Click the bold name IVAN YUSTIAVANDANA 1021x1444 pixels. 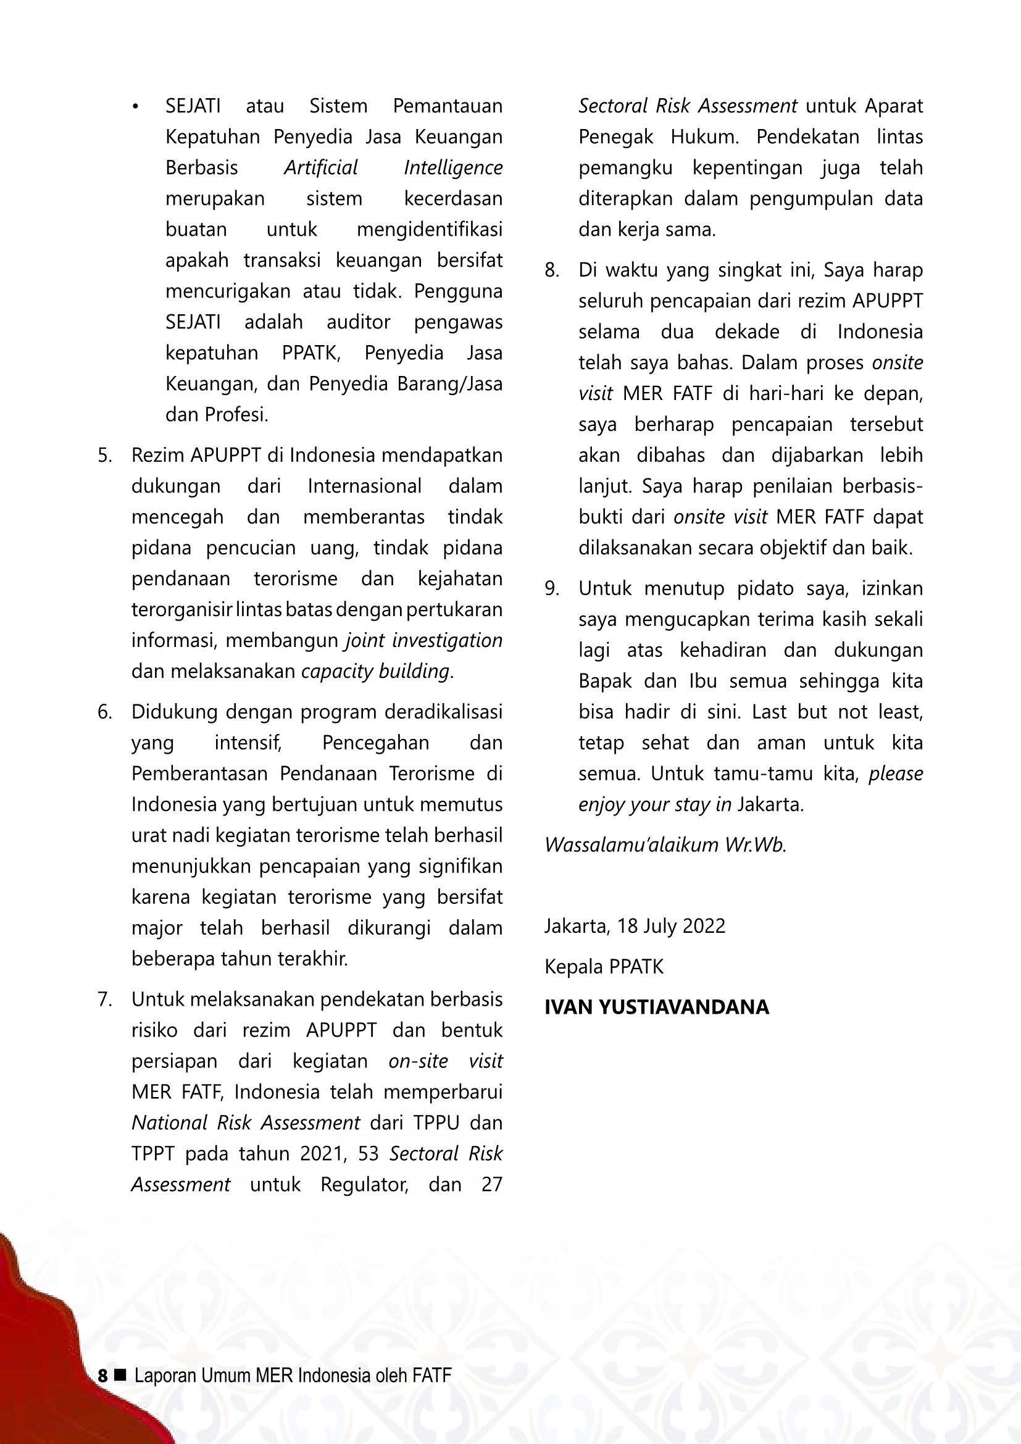656,1008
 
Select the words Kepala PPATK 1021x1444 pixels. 604,967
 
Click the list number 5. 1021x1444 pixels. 104,456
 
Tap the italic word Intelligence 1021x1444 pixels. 452,168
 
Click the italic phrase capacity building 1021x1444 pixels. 375,671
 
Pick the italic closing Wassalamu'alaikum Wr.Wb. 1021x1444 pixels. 665,845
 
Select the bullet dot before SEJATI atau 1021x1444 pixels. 135,107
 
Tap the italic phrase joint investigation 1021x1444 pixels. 423,640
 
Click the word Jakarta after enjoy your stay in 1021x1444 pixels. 769,804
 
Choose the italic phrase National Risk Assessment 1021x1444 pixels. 245,1123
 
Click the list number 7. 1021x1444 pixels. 104,1000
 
